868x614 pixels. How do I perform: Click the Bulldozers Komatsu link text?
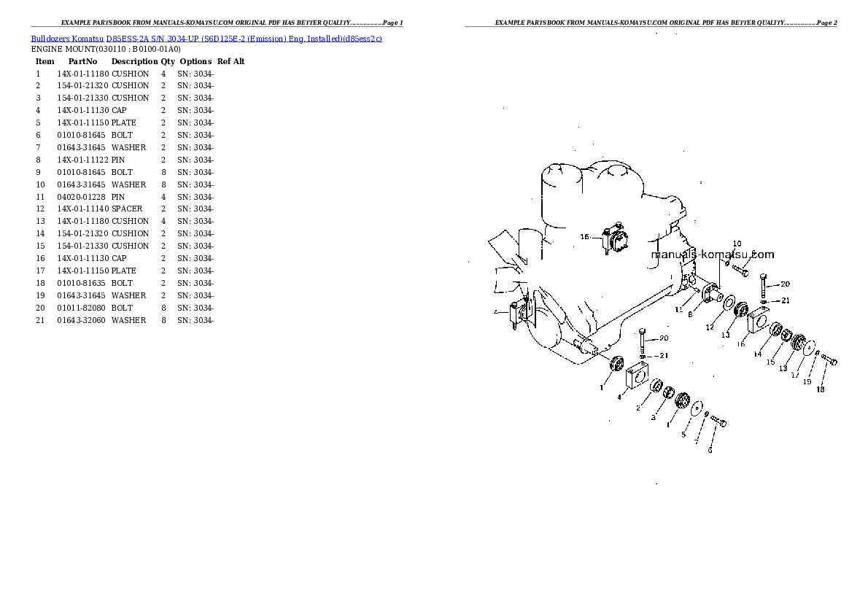(67, 39)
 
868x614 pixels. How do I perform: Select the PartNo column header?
(82, 61)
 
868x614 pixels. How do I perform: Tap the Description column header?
(134, 61)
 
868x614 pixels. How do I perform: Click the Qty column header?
(168, 61)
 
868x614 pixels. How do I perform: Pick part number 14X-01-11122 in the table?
(83, 160)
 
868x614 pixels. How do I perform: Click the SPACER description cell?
(127, 209)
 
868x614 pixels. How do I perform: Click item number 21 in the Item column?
(40, 321)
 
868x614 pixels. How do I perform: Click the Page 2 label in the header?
(826, 23)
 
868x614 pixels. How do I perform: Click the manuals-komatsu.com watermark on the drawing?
(713, 254)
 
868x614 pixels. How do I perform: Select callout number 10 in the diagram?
(737, 244)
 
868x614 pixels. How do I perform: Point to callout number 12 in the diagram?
(710, 327)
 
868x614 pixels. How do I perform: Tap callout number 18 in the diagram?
(821, 389)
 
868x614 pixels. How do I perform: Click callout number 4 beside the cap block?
(619, 397)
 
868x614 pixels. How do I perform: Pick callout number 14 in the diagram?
(757, 354)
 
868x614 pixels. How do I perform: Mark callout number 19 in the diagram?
(807, 381)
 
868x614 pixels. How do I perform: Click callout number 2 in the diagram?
(638, 408)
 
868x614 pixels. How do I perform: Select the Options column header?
(195, 61)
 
